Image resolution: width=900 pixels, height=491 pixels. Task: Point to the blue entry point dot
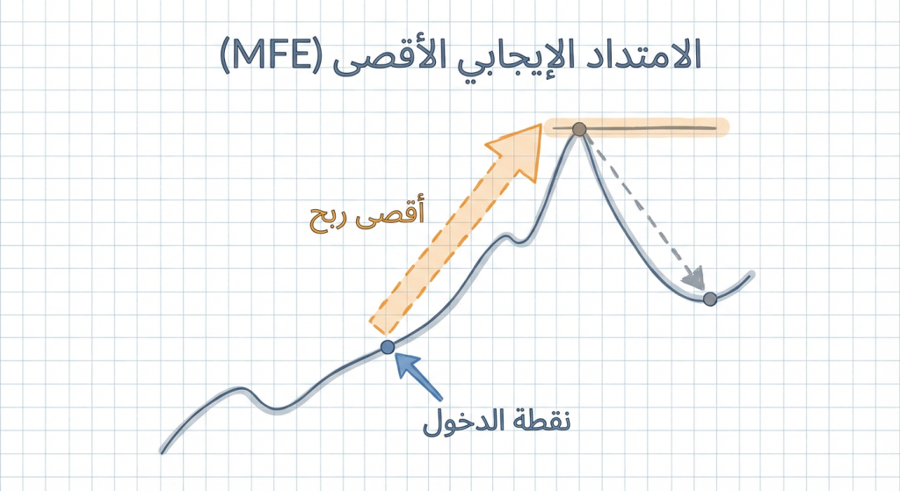coord(388,347)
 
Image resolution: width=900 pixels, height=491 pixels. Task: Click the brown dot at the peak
coord(578,130)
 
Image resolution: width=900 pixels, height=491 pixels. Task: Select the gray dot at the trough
coord(710,299)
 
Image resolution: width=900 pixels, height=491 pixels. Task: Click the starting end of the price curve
coord(163,451)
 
